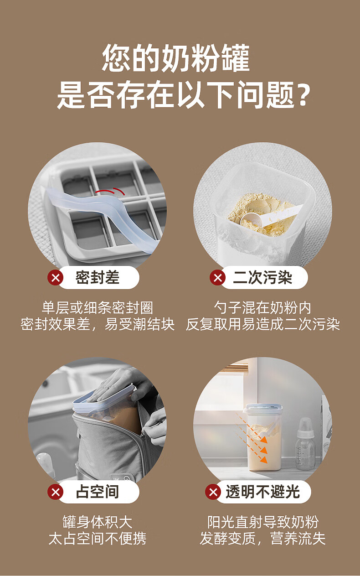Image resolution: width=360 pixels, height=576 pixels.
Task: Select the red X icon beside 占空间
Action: pos(55,492)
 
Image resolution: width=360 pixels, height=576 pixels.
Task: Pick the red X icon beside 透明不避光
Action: pos(213,492)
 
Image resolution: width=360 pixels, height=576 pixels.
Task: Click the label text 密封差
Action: pos(98,277)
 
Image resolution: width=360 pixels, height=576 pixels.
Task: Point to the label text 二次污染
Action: pos(262,277)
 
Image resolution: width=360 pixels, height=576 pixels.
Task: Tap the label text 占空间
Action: pos(98,492)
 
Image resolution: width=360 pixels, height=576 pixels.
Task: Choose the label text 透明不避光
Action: pos(262,492)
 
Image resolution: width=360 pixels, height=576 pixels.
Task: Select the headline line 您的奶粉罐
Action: pos(176,57)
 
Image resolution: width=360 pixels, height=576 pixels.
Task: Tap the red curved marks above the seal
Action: pos(110,191)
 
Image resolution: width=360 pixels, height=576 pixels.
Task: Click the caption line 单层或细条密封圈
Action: pos(98,307)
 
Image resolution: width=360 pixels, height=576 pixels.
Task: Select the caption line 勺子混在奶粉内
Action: pos(262,307)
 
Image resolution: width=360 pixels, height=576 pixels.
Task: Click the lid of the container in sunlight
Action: pos(262,407)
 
